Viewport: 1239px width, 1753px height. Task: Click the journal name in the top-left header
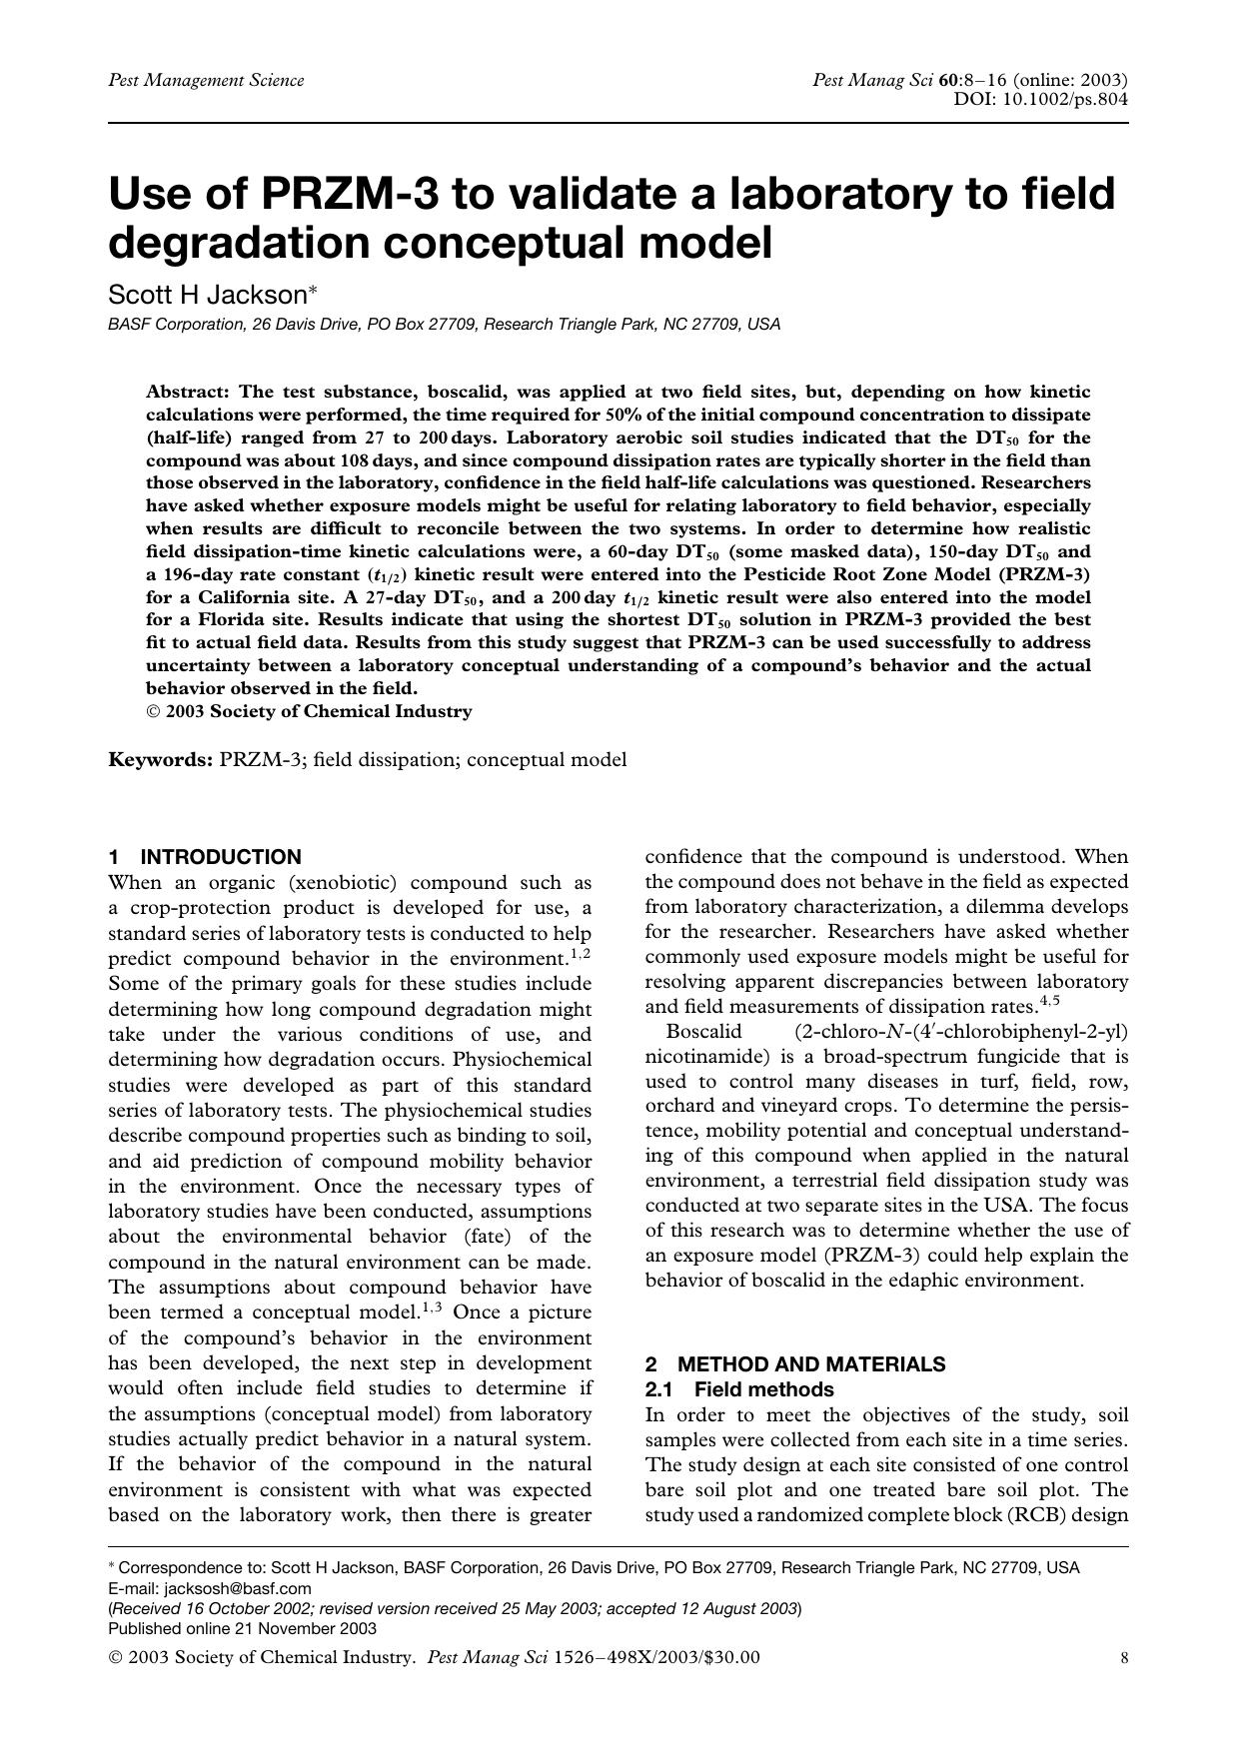(x=206, y=81)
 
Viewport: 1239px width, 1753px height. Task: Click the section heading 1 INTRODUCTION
(x=205, y=857)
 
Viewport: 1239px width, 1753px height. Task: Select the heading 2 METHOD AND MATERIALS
(x=795, y=1364)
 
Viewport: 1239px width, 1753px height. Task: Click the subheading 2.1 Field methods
(x=739, y=1389)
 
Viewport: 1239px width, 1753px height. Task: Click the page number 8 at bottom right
(x=1125, y=1658)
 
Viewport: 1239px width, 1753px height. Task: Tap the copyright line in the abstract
(x=309, y=711)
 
